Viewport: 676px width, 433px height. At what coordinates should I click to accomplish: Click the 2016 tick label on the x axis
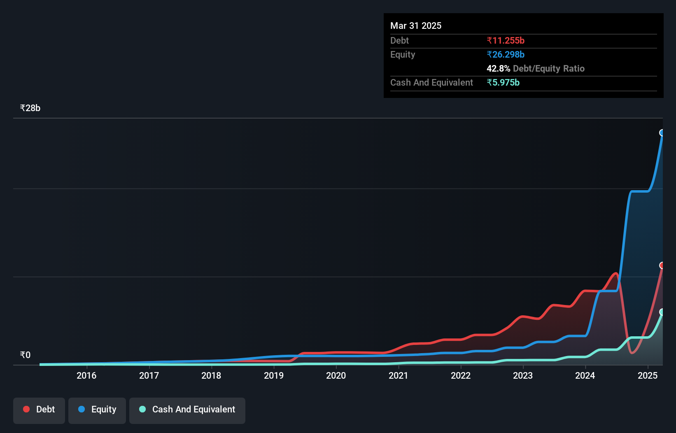coord(86,375)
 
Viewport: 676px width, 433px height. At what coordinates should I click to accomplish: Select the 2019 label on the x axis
coord(274,375)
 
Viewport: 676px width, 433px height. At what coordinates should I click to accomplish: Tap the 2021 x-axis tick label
coord(398,375)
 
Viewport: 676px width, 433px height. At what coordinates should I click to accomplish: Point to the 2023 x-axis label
coord(523,375)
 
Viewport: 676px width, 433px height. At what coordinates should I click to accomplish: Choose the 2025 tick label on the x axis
coord(648,375)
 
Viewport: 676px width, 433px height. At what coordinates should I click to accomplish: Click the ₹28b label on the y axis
coord(30,108)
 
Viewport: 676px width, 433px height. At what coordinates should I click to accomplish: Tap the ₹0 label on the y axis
coord(25,355)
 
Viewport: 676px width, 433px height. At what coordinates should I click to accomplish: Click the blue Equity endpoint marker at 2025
coord(662,133)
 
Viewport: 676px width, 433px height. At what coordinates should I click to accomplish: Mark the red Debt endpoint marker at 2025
coord(662,265)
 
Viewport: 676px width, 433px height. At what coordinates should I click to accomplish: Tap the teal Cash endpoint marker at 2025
coord(662,312)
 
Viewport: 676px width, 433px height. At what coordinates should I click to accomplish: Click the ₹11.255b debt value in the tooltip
coord(506,40)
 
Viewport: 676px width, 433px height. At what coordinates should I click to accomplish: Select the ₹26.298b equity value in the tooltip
coord(506,54)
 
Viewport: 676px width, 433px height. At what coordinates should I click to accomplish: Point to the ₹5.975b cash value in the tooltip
coord(503,82)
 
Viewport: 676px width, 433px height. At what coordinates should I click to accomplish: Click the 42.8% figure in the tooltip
coord(498,68)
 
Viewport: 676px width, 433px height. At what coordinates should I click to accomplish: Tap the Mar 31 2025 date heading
coord(416,26)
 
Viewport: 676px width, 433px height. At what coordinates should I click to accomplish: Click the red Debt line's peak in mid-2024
coord(616,273)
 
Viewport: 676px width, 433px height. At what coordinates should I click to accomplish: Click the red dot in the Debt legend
coord(26,409)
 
